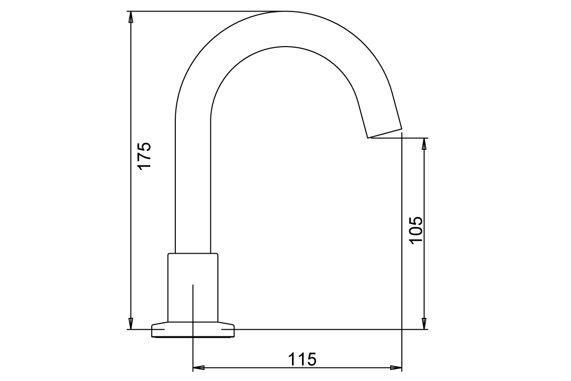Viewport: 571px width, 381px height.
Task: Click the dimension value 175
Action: [144, 156]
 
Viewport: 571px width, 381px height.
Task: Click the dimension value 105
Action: [417, 230]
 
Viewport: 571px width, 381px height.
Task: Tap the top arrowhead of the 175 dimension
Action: [131, 17]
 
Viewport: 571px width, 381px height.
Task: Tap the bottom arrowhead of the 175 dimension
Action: [131, 323]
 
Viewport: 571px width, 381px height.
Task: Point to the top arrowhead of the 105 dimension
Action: [425, 144]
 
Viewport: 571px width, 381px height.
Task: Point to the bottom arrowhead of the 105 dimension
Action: [425, 323]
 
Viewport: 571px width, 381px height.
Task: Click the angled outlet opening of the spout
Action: [385, 133]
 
